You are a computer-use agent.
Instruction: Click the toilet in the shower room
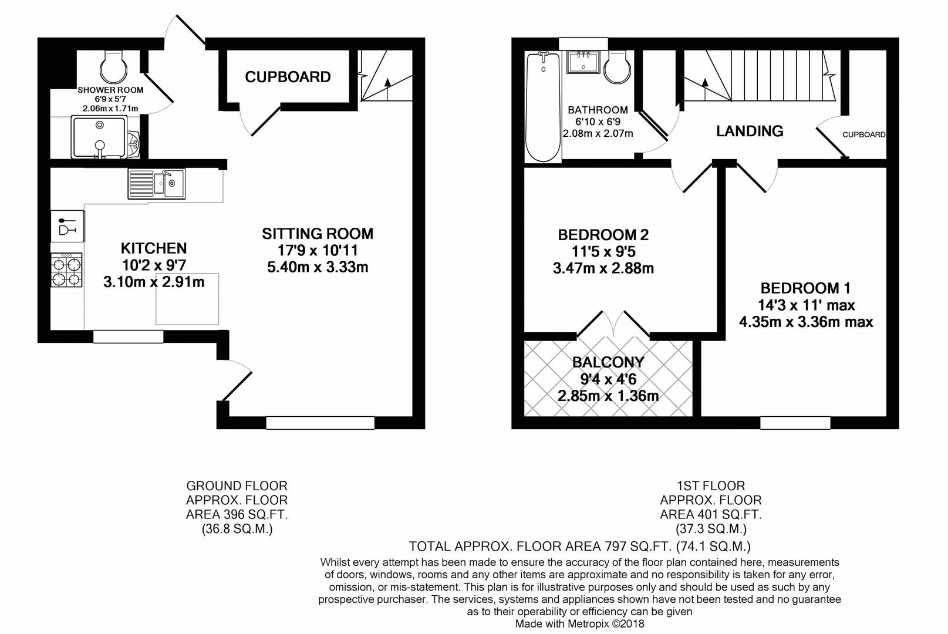(x=113, y=68)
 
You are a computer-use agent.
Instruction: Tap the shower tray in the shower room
(x=99, y=137)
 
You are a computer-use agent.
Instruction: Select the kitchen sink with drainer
(x=157, y=184)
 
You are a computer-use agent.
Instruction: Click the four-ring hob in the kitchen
(x=66, y=271)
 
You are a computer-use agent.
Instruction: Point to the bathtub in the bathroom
(x=543, y=107)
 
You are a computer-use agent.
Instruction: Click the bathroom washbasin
(x=583, y=62)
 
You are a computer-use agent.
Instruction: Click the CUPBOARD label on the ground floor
(x=288, y=77)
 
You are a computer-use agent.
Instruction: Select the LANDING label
(x=750, y=131)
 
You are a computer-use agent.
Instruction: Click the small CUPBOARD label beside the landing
(x=863, y=134)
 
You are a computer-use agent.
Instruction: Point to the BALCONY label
(x=608, y=362)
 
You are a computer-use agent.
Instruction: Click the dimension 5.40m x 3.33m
(x=318, y=267)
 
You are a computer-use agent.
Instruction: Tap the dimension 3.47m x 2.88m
(x=603, y=268)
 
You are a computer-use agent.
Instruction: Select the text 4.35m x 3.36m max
(x=805, y=322)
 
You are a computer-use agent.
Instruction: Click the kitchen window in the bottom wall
(x=128, y=337)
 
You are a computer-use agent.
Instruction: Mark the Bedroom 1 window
(x=795, y=423)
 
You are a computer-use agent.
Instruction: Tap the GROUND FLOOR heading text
(x=237, y=486)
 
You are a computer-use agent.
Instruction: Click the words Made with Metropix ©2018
(x=579, y=624)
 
